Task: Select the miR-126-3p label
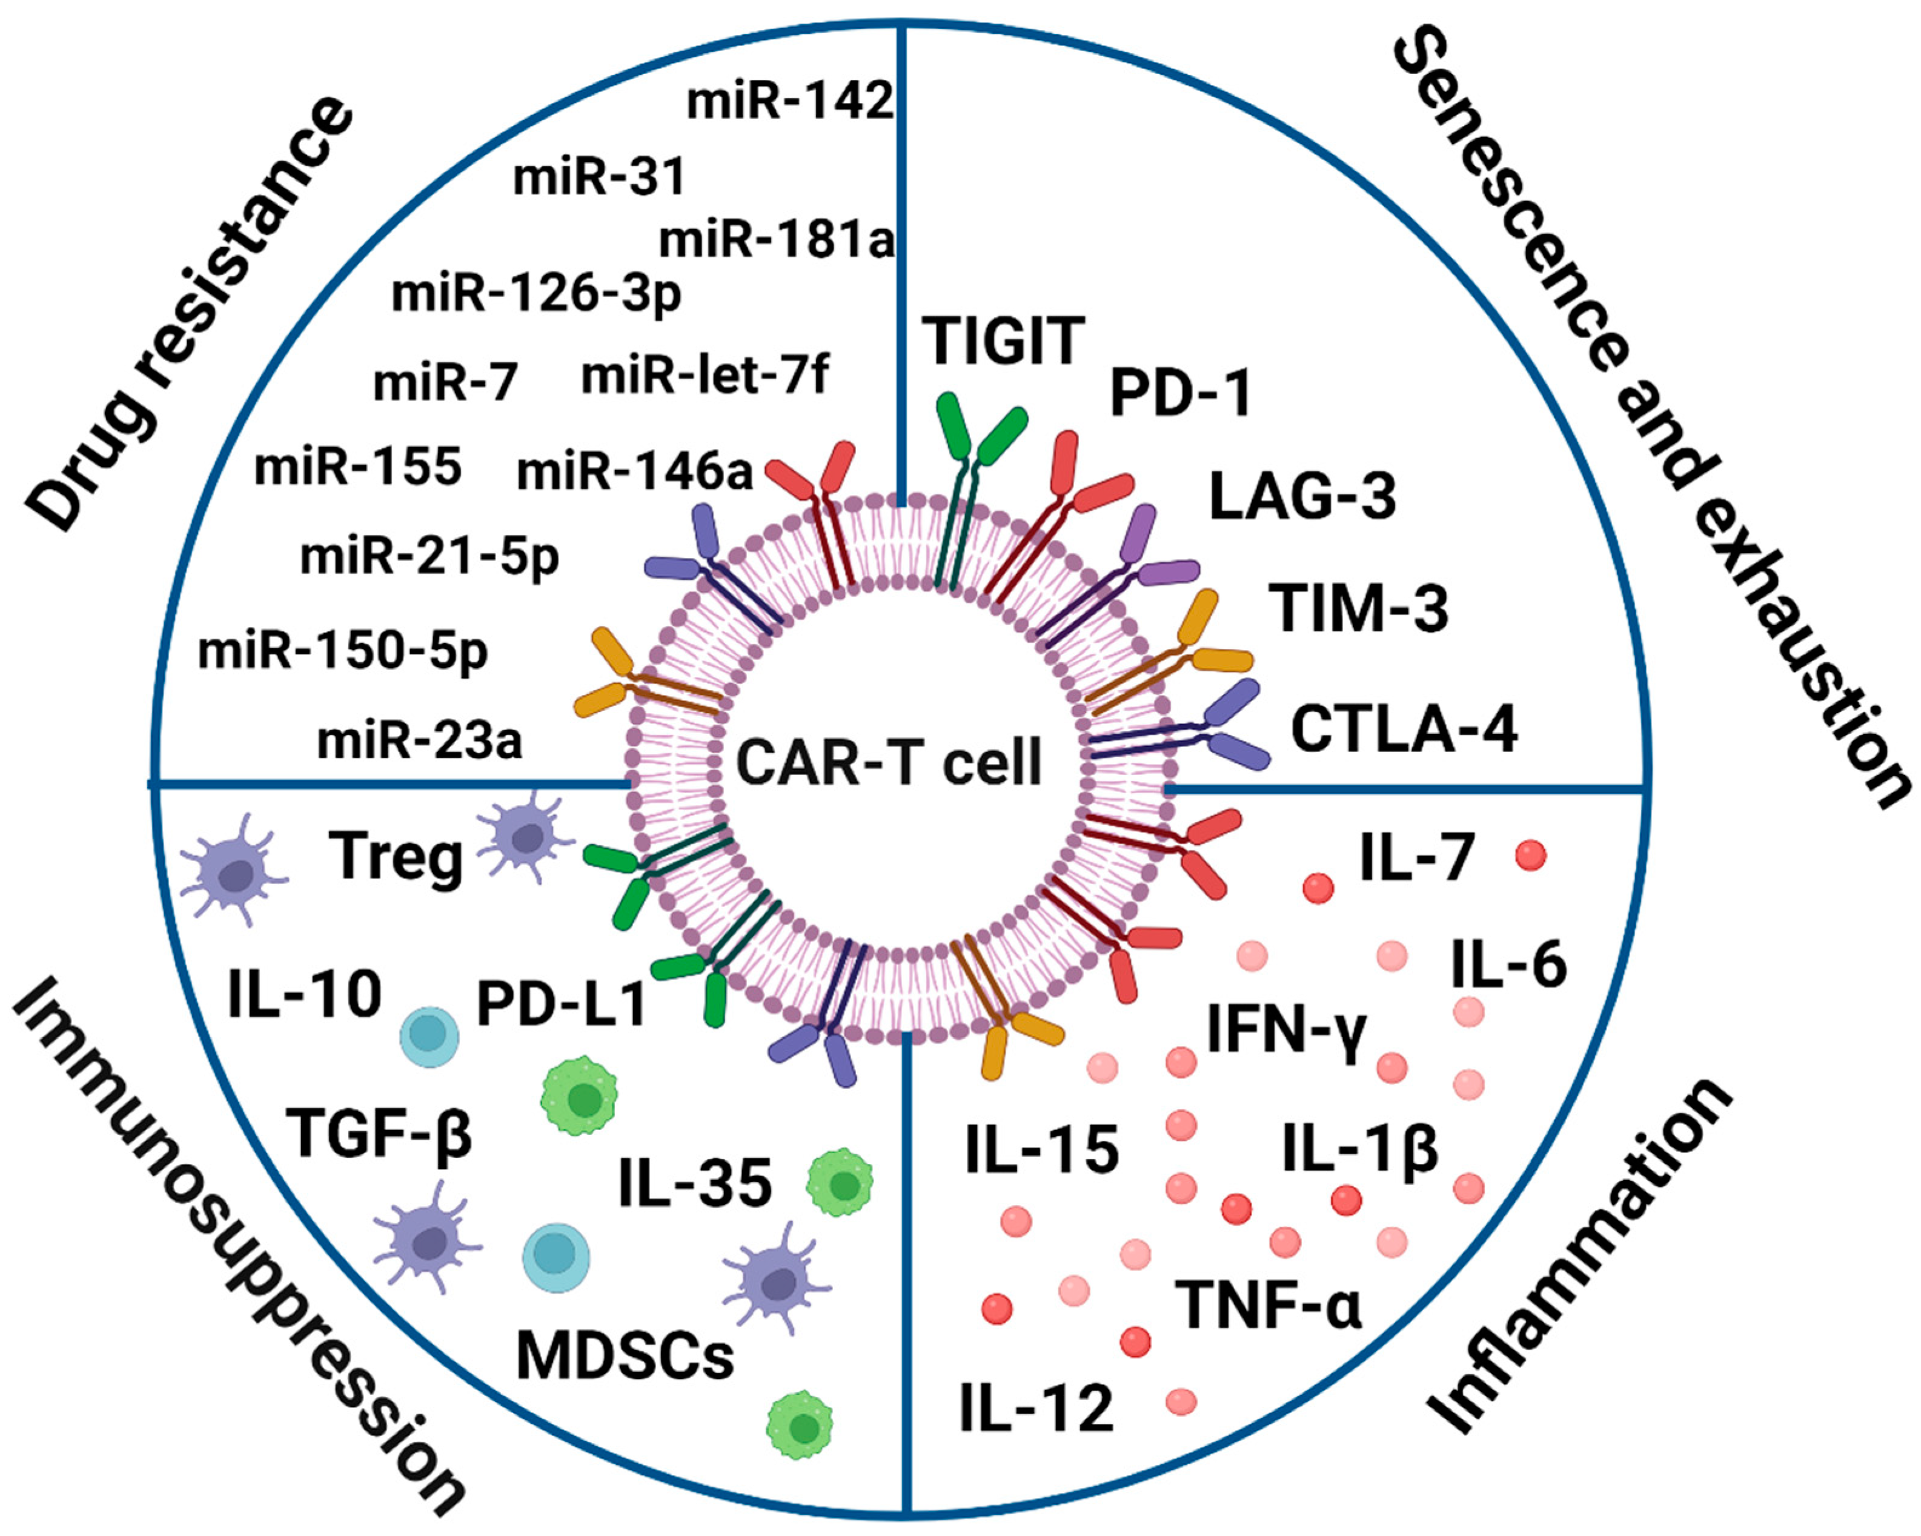tap(536, 294)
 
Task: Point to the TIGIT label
tap(1003, 341)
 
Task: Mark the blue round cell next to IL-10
tap(430, 1038)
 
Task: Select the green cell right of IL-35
tap(839, 1183)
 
